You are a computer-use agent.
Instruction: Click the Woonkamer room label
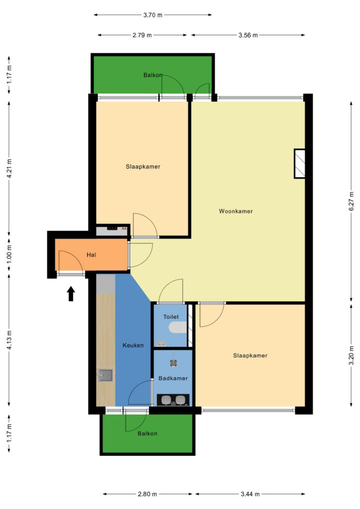(236, 211)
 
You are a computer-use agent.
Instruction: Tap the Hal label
(91, 255)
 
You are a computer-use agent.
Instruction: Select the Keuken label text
(133, 345)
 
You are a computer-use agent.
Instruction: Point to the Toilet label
(171, 317)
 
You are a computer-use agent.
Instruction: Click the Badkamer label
(173, 378)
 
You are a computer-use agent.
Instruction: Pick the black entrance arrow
(71, 293)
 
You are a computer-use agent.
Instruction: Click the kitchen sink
(106, 375)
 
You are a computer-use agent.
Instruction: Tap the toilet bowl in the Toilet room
(178, 327)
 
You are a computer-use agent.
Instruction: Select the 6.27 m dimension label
(352, 201)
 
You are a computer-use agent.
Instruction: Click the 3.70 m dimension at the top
(153, 15)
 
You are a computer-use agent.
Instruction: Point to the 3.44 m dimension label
(250, 494)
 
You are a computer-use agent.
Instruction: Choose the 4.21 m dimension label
(9, 168)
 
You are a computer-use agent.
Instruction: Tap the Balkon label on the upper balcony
(153, 75)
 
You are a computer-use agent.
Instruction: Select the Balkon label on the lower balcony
(147, 433)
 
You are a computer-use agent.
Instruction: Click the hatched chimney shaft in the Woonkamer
(300, 164)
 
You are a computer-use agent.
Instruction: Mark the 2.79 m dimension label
(142, 35)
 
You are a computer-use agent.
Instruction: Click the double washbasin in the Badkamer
(173, 400)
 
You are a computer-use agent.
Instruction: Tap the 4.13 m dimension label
(9, 340)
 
